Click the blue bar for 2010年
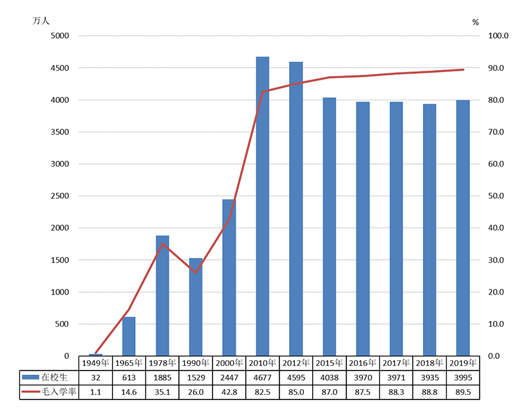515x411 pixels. [x=263, y=206]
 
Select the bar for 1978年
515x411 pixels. [x=162, y=296]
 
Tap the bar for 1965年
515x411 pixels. [x=129, y=336]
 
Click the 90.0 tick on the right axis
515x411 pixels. [x=499, y=68]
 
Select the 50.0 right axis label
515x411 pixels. [x=499, y=196]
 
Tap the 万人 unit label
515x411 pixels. [x=41, y=21]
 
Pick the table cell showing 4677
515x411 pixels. [x=263, y=378]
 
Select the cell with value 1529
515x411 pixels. [x=196, y=378]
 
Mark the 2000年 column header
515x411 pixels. [x=229, y=363]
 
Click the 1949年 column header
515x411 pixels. [x=95, y=363]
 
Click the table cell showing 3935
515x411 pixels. [x=430, y=378]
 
